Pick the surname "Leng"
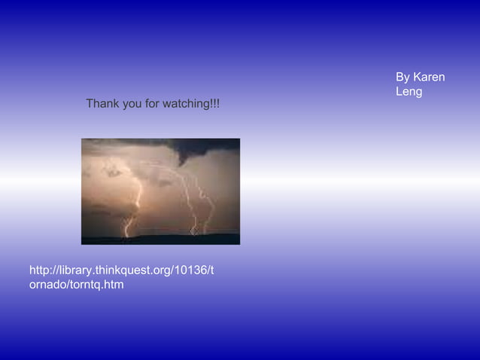pos(409,92)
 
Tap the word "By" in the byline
pos(403,78)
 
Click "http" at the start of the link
pos(40,270)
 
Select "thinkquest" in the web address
pos(123,270)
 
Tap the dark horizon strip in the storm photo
pos(160,239)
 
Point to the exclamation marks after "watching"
pos(216,103)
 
